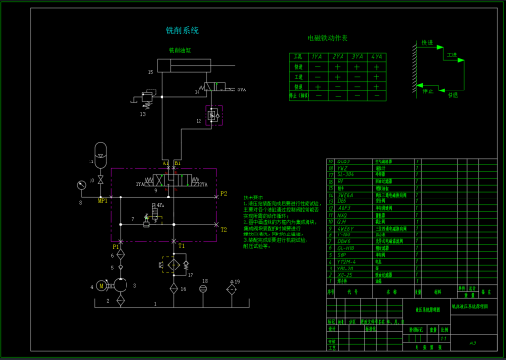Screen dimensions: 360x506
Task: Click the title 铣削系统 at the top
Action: click(x=182, y=31)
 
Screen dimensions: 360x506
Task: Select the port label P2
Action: click(x=223, y=194)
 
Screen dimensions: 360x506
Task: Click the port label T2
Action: click(x=223, y=230)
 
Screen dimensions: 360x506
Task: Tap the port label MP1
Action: click(x=102, y=201)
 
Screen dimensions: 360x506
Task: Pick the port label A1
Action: click(x=165, y=162)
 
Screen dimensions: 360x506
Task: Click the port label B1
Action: click(x=177, y=162)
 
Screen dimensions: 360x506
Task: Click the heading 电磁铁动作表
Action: click(x=328, y=38)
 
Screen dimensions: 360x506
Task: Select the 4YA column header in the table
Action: click(x=376, y=57)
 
